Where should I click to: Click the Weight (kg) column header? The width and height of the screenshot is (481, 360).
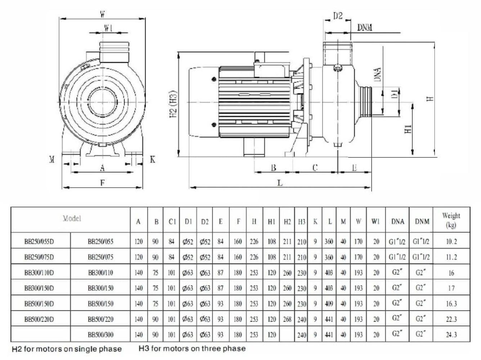click(x=451, y=220)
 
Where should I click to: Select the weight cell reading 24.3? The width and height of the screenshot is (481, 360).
click(x=451, y=334)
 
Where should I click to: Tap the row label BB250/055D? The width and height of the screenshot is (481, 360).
click(x=39, y=242)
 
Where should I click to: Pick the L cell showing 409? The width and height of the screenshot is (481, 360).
click(x=329, y=303)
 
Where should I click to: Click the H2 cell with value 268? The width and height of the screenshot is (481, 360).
click(x=287, y=319)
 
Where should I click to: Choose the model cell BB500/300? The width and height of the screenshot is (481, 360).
click(x=100, y=334)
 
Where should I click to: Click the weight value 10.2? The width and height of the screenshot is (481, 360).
click(x=451, y=242)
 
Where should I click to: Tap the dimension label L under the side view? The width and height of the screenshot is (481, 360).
click(x=280, y=183)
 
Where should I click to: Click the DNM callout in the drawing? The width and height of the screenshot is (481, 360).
click(x=364, y=27)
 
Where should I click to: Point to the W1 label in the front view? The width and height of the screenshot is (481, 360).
click(x=108, y=28)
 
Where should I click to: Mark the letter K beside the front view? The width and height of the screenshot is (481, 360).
click(x=152, y=159)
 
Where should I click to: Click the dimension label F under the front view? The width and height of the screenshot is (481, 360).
click(x=102, y=183)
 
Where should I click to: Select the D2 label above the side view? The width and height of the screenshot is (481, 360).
click(x=337, y=16)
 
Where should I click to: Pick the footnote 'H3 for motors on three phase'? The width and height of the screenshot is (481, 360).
click(x=192, y=348)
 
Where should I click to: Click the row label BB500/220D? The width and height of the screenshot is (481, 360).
click(x=39, y=319)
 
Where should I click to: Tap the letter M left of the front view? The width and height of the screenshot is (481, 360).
click(x=52, y=159)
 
